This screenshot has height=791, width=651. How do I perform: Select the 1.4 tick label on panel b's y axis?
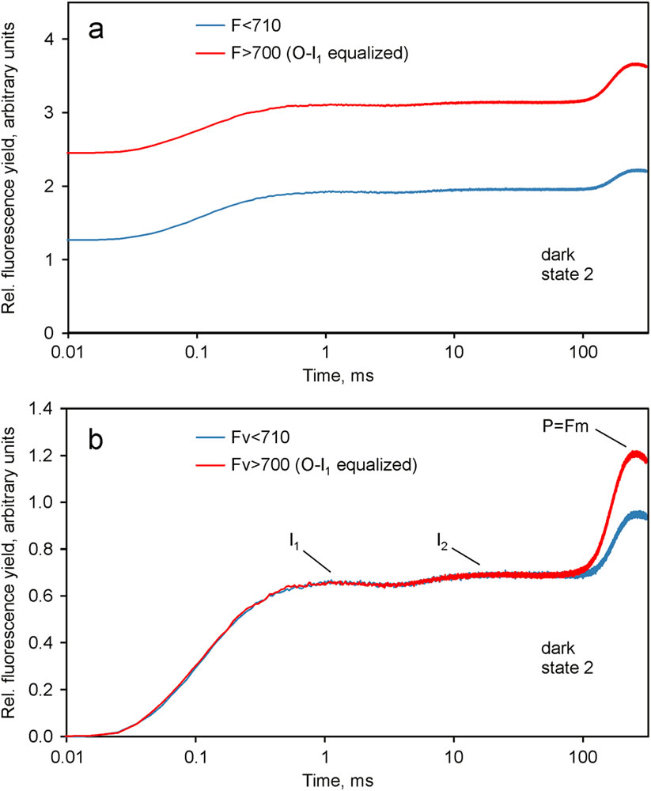pos(44,409)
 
